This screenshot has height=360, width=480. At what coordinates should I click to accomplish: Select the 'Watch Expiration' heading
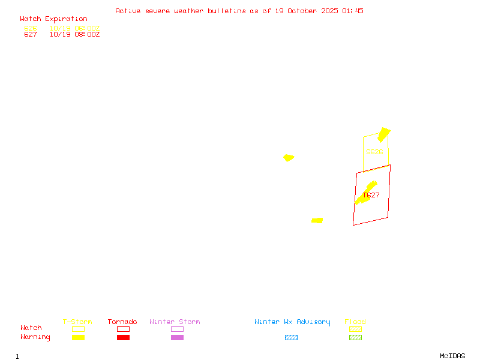53,19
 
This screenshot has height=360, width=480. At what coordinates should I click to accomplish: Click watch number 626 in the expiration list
31,28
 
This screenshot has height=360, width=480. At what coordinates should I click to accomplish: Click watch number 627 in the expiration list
31,35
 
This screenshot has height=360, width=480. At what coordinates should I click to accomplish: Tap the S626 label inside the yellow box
374,152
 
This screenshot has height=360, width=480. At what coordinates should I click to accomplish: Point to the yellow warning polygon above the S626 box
383,134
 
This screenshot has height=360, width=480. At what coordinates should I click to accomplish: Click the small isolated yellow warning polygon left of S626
289,158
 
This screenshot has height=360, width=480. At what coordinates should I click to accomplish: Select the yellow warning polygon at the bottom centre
317,221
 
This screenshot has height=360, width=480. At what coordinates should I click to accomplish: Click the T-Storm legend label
77,322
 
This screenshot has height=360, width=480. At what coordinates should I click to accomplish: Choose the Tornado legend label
122,322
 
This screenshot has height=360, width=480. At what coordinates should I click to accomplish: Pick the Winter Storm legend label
175,322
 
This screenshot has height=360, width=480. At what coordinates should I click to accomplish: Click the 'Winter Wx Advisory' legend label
292,322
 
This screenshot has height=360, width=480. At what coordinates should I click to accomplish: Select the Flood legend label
355,322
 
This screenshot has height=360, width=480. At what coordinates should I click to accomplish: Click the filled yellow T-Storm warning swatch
78,338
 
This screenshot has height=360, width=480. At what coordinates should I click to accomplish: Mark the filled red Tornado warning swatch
123,338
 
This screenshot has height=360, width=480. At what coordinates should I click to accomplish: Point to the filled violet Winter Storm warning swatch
177,338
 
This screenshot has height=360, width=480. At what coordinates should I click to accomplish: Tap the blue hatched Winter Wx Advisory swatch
291,338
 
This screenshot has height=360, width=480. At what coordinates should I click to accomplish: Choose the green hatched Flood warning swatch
355,338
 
